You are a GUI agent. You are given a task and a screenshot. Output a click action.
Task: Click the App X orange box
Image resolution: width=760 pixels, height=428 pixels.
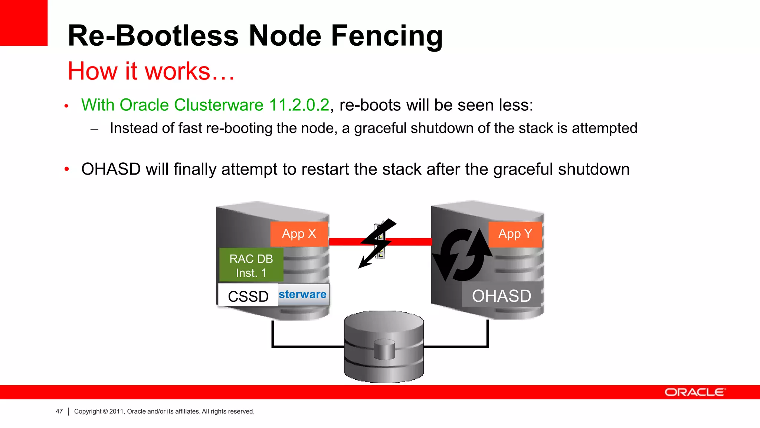coord(299,234)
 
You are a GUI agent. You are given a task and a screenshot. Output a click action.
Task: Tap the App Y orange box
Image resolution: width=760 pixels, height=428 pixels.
coord(515,234)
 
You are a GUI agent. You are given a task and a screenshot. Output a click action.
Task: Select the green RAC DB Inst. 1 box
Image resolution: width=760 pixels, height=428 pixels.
coord(251,265)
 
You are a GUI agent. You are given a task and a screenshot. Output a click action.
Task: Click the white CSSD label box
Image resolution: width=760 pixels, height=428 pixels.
coord(248,296)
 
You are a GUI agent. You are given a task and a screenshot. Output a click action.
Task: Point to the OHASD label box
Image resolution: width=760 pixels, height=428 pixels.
coord(501,296)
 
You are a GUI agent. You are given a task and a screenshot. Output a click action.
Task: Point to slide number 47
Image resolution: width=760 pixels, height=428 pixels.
coord(59,411)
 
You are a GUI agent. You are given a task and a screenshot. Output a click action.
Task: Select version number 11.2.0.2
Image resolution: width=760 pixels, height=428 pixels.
coord(299,105)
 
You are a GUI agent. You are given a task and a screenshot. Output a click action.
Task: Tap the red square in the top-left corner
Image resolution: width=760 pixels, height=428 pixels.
coord(24,23)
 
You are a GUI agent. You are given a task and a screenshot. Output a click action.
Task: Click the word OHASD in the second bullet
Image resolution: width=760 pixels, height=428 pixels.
coord(111,169)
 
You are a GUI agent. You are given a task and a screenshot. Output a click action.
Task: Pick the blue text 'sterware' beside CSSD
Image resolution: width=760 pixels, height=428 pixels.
coord(302,294)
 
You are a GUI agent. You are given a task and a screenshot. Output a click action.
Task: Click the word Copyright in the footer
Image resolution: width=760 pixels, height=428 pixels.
coord(88,411)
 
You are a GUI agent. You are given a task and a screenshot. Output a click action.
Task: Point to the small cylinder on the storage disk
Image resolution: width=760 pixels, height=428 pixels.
coord(384,349)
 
